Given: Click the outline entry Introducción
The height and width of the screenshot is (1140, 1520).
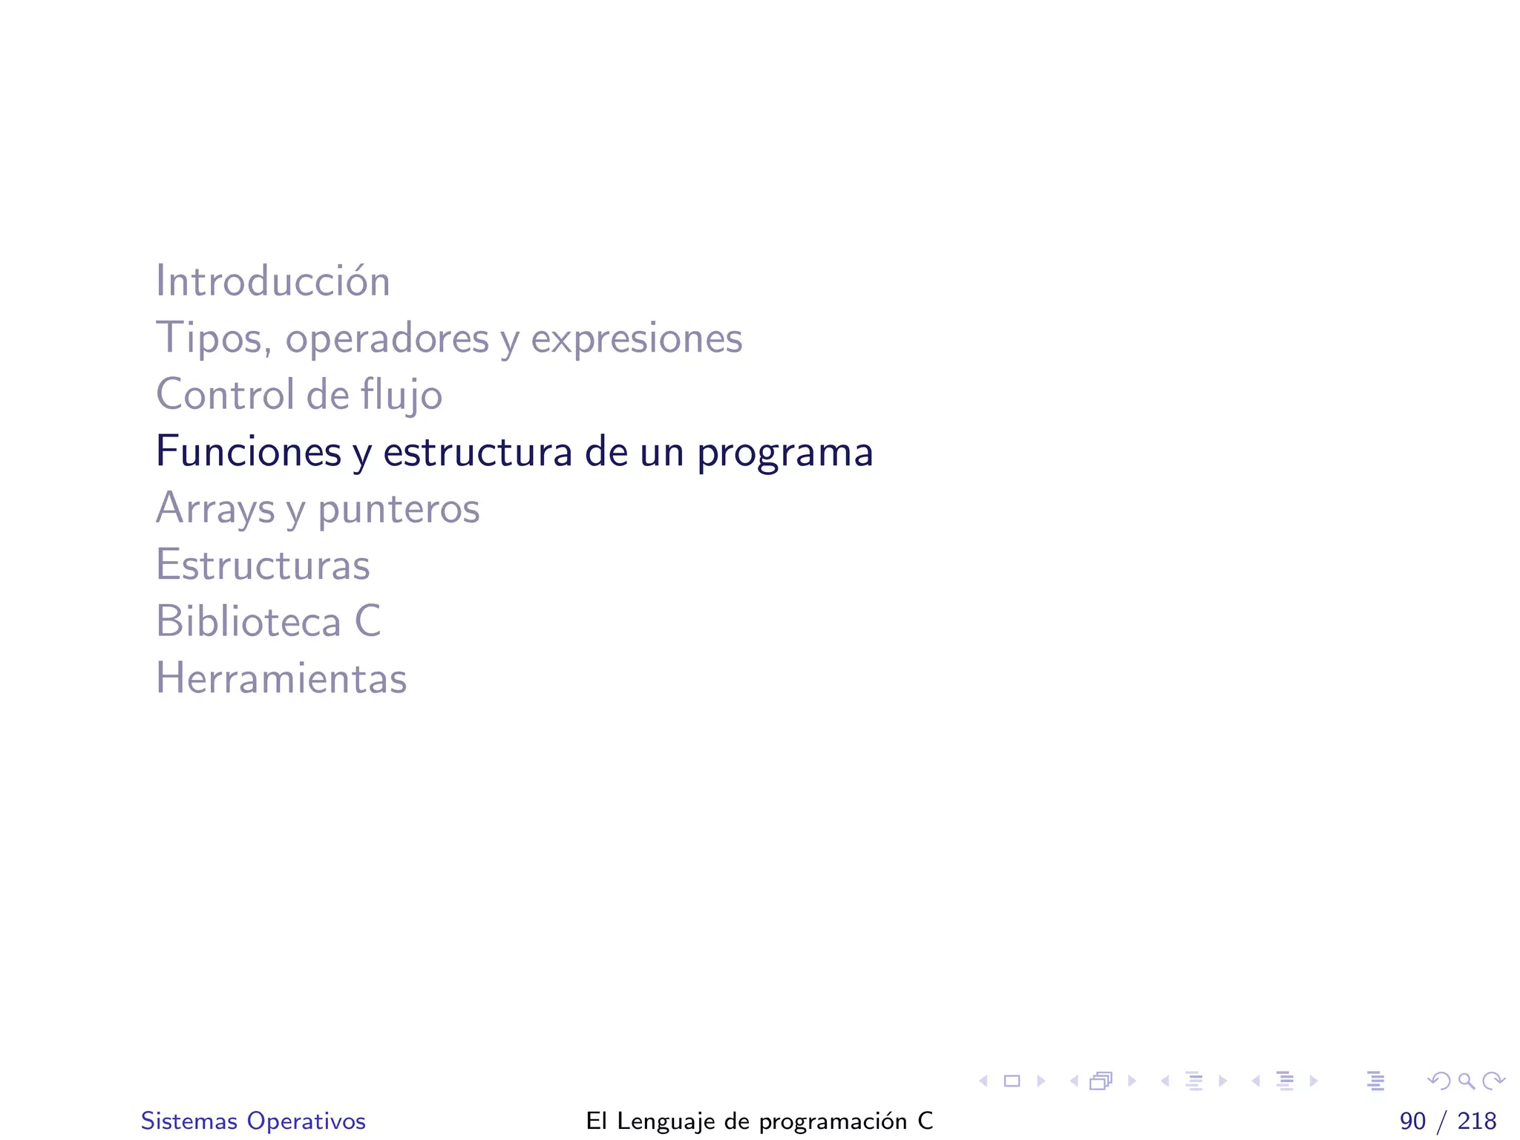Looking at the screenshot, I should pyautogui.click(x=272, y=281).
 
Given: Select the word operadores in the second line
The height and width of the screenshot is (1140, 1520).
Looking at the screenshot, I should pyautogui.click(x=387, y=338).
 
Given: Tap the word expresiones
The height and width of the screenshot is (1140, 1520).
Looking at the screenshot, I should pyautogui.click(x=636, y=338).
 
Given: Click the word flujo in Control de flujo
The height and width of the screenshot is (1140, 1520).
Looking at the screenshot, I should pyautogui.click(x=402, y=395).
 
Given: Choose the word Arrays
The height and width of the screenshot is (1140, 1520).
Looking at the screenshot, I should pyautogui.click(x=215, y=509).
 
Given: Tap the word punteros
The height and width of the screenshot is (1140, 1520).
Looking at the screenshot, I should pyautogui.click(x=399, y=509).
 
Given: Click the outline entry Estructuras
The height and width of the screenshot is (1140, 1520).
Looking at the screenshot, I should pyautogui.click(x=263, y=565).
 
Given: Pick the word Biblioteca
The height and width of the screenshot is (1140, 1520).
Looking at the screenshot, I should pyautogui.click(x=248, y=621).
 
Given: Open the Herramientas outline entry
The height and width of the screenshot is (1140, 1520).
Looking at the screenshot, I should pyautogui.click(x=281, y=678).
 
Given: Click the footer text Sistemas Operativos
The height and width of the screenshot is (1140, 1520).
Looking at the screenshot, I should pyautogui.click(x=253, y=1121).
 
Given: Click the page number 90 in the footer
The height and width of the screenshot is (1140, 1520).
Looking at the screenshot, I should pyautogui.click(x=1412, y=1121).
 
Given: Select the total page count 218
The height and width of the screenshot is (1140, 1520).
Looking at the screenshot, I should pyautogui.click(x=1477, y=1121).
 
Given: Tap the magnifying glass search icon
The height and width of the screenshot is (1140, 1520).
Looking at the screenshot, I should pyautogui.click(x=1466, y=1081).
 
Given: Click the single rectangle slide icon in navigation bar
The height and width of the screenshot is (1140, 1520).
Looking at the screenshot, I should pyautogui.click(x=1012, y=1081).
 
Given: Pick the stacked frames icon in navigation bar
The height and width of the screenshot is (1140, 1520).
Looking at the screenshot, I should pyautogui.click(x=1101, y=1081).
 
